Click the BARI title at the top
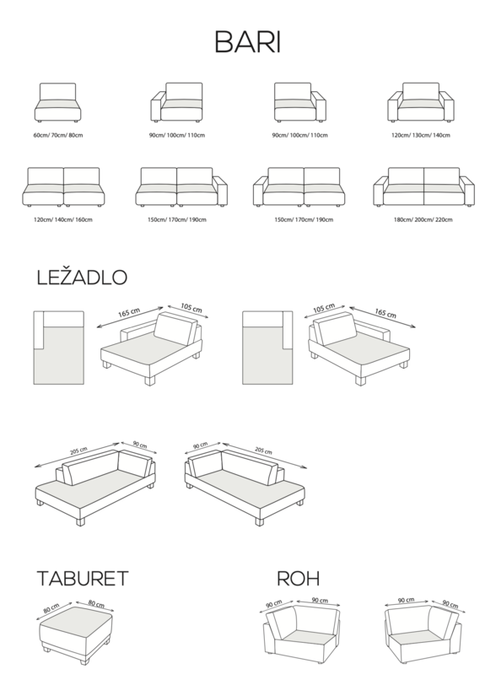click(x=247, y=42)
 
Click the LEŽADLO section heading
click(x=82, y=277)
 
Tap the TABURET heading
click(x=83, y=579)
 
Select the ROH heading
click(x=298, y=579)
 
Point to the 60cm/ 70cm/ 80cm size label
click(x=58, y=135)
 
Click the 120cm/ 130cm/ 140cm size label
click(x=421, y=135)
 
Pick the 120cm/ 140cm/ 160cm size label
click(x=63, y=219)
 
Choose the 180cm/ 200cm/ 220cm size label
click(x=423, y=219)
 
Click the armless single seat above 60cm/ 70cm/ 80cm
click(x=58, y=103)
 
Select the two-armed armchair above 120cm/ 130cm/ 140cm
click(x=421, y=103)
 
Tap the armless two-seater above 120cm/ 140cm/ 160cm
click(x=63, y=187)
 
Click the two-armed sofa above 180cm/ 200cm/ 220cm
click(x=423, y=187)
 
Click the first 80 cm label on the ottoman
click(x=51, y=608)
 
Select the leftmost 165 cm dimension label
click(x=129, y=312)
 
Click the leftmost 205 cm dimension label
click(x=78, y=451)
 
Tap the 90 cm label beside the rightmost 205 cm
click(x=200, y=445)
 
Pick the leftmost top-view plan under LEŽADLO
click(x=58, y=348)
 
